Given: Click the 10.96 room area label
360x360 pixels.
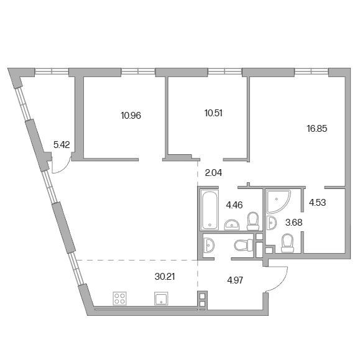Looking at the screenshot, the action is (x=131, y=116).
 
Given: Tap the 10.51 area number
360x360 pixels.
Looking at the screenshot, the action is (x=213, y=113).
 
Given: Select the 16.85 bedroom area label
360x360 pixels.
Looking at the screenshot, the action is (x=317, y=129).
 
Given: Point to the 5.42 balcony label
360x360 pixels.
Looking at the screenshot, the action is (x=62, y=145).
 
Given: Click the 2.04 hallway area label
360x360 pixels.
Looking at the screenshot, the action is (x=213, y=173).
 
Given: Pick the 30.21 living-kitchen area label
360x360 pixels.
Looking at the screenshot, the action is (x=165, y=277).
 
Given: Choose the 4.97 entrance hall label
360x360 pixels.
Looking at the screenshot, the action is (x=235, y=280).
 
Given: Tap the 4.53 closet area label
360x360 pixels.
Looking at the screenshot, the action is (x=318, y=203).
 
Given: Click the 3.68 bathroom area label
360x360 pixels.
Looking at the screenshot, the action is (x=294, y=222).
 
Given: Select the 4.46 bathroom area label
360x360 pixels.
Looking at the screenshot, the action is (x=234, y=205).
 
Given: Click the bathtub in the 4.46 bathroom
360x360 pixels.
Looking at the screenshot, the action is (x=209, y=210).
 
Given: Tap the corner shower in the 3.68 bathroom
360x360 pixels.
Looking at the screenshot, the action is (x=279, y=201).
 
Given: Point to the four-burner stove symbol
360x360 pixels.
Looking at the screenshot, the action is (x=120, y=298).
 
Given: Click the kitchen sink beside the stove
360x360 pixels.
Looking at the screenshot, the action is (x=161, y=298).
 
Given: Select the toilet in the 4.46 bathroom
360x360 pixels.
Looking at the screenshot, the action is (x=253, y=221).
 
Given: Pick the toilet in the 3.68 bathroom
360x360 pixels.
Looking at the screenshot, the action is (x=287, y=243).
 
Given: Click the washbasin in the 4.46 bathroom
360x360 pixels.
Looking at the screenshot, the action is (x=232, y=224).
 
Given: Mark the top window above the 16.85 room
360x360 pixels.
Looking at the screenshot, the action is (x=312, y=72).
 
